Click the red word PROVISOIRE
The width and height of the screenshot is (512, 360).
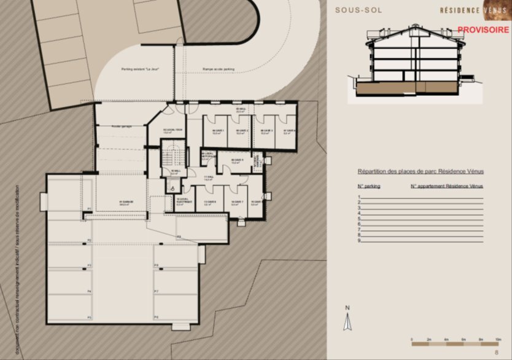point(483,29)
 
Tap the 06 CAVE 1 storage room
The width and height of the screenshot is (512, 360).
point(217,131)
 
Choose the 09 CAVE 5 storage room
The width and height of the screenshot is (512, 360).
point(238,161)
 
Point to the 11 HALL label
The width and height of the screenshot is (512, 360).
point(208,178)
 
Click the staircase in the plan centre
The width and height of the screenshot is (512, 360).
point(173,157)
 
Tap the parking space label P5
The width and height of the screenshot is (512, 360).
point(90,317)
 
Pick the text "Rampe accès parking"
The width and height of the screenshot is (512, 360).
point(219,70)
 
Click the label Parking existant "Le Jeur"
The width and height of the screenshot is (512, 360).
point(140,70)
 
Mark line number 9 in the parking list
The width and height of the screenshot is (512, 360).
point(359,240)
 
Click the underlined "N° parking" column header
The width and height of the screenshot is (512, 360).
point(369,185)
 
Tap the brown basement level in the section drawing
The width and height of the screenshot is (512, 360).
point(387,88)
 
